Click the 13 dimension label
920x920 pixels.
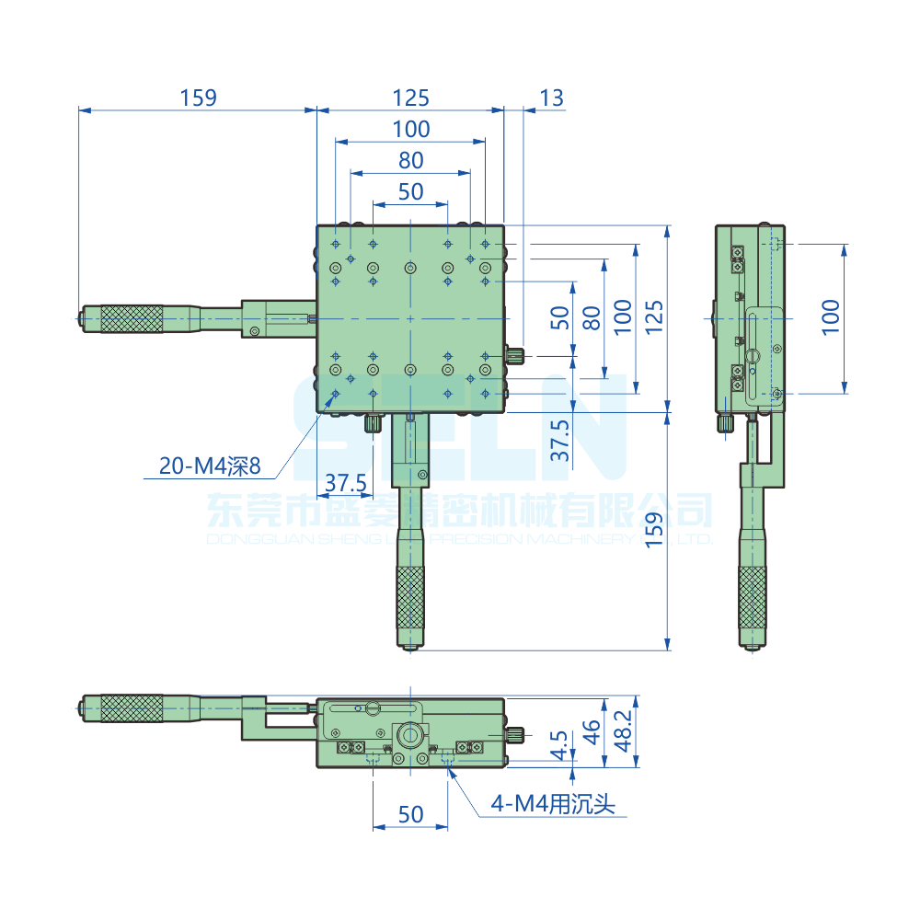coord(552,98)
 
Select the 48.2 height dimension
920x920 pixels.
coord(623,730)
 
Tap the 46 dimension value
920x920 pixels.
coord(592,731)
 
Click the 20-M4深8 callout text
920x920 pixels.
coord(210,466)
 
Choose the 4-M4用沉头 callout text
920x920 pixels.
coord(552,805)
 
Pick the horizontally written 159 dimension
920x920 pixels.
coord(198,98)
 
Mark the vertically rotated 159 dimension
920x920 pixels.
coord(652,531)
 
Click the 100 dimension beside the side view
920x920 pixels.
coord(831,317)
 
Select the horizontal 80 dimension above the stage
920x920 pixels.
coord(410,160)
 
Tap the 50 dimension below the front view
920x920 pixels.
coord(410,814)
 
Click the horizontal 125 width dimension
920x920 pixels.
coord(410,98)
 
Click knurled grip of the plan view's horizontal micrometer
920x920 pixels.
coord(131,318)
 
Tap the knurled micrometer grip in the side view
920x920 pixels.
coord(753,598)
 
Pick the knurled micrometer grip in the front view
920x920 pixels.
coord(131,707)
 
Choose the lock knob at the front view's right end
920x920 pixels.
coord(516,735)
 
